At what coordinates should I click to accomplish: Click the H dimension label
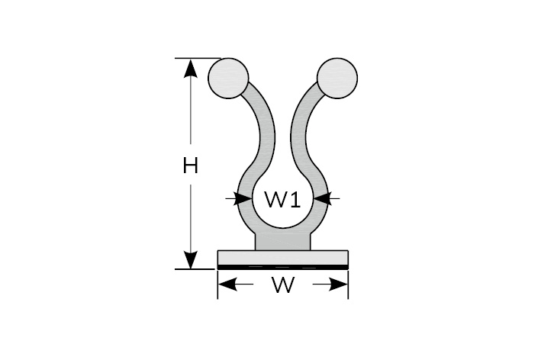(x=190, y=165)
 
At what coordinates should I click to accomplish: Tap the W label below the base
(x=283, y=286)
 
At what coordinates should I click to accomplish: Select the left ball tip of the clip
(x=228, y=78)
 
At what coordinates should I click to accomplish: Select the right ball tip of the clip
(x=337, y=78)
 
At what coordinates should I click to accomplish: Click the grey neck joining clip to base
(x=283, y=241)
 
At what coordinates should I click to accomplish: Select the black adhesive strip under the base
(x=283, y=265)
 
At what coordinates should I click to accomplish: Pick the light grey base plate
(x=283, y=256)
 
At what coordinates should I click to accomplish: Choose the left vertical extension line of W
(x=218, y=286)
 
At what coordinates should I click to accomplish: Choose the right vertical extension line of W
(x=349, y=286)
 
